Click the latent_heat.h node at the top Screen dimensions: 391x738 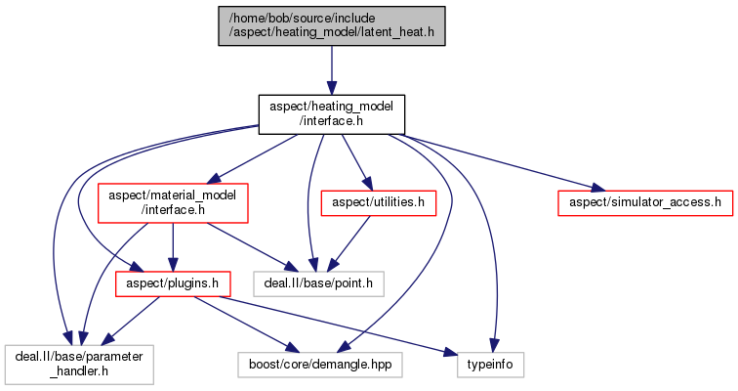(x=331, y=25)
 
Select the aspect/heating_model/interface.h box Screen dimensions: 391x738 (x=331, y=113)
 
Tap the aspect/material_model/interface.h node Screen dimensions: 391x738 (x=172, y=202)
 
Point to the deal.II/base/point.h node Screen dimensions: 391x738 (x=318, y=284)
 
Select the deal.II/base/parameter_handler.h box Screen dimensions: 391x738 (x=77, y=365)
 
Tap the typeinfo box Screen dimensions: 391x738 (x=491, y=365)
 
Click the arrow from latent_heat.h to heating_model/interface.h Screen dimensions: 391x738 (x=331, y=68)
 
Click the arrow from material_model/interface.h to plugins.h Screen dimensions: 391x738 (x=172, y=244)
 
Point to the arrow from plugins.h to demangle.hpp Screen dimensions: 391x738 (x=244, y=324)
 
